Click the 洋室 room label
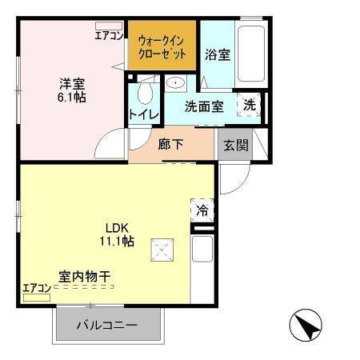tap(70, 82)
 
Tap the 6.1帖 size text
tap(70, 97)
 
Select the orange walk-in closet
tap(162, 45)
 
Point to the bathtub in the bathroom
tap(250, 51)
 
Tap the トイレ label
tap(143, 115)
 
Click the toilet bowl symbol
tap(144, 93)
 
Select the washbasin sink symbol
tap(175, 82)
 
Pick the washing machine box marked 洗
tap(250, 105)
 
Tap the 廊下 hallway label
tap(170, 145)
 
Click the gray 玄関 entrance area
tap(236, 145)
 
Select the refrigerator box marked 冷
tap(202, 211)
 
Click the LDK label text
tap(116, 226)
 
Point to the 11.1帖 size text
tap(116, 241)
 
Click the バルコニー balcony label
tap(107, 326)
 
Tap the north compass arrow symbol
tap(305, 326)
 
